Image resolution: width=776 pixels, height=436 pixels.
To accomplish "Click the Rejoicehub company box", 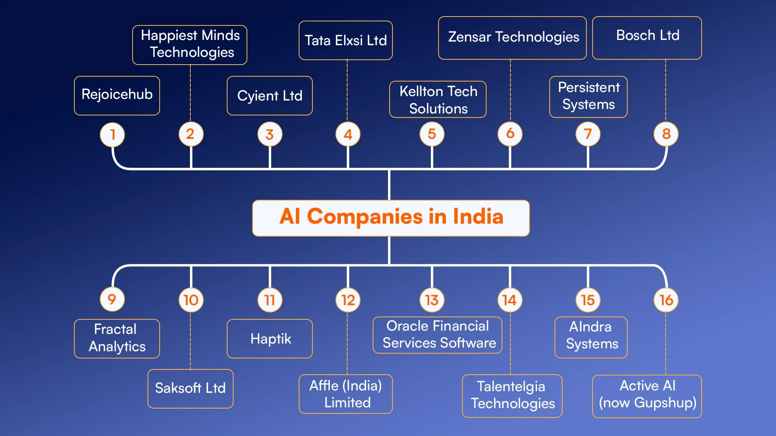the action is [x=117, y=95].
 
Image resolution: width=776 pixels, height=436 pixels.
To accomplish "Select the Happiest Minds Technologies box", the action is [x=190, y=44].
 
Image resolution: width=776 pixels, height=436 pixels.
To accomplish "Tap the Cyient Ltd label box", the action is [x=270, y=96].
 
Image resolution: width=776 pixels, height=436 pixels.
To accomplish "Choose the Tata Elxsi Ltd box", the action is [x=346, y=40].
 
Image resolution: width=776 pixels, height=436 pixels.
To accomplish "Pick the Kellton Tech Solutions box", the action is [x=438, y=99].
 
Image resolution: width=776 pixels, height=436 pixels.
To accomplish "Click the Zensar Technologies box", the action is [x=512, y=38].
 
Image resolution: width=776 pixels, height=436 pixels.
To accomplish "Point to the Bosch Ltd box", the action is [x=647, y=38].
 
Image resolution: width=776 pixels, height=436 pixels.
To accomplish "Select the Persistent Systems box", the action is [x=588, y=96].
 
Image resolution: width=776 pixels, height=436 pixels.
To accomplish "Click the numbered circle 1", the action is [x=112, y=134].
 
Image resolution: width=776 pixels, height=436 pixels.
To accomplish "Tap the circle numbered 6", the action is [x=510, y=134].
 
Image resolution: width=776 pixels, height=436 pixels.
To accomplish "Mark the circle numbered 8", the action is [x=666, y=134].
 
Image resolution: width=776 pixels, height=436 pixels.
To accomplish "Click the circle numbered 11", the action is [x=270, y=300].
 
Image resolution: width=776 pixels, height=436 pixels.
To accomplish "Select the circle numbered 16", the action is [x=666, y=300].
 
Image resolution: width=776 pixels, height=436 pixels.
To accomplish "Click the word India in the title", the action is [x=478, y=217].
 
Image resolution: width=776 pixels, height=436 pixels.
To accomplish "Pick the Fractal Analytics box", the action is [x=117, y=338].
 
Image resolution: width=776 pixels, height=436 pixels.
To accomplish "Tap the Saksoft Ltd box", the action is [x=190, y=388].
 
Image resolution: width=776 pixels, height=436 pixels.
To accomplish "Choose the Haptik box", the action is [x=270, y=338].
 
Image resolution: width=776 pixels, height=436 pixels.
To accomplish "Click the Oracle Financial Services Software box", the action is [x=437, y=335].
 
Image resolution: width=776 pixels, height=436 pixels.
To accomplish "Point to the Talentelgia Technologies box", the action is [x=512, y=396].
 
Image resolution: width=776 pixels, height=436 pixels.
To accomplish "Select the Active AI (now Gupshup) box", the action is [x=647, y=396].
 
